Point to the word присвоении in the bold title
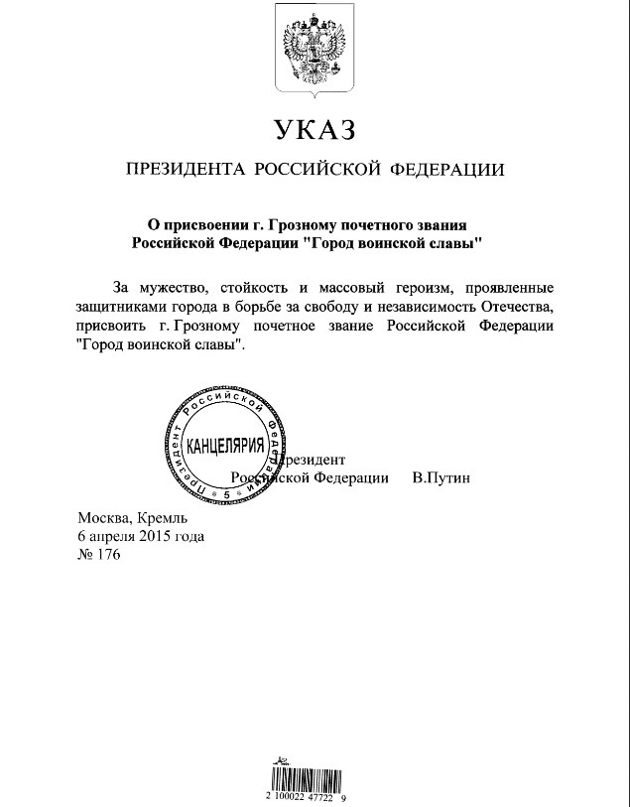(212, 224)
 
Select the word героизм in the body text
(394, 287)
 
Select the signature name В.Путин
(441, 477)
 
